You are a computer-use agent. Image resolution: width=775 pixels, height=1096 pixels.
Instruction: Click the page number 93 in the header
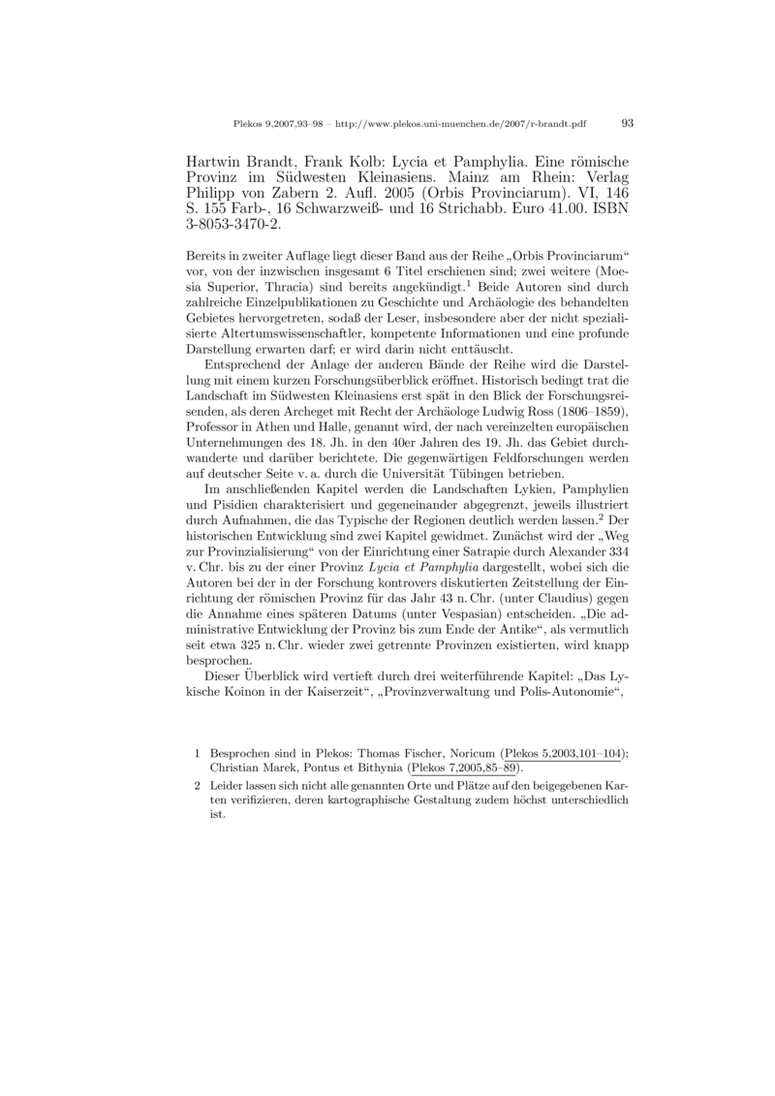coord(626,123)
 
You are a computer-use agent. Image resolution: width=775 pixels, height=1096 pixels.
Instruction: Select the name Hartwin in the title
coord(212,159)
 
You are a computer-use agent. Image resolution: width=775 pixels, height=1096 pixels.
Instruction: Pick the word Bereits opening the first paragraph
coord(203,255)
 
